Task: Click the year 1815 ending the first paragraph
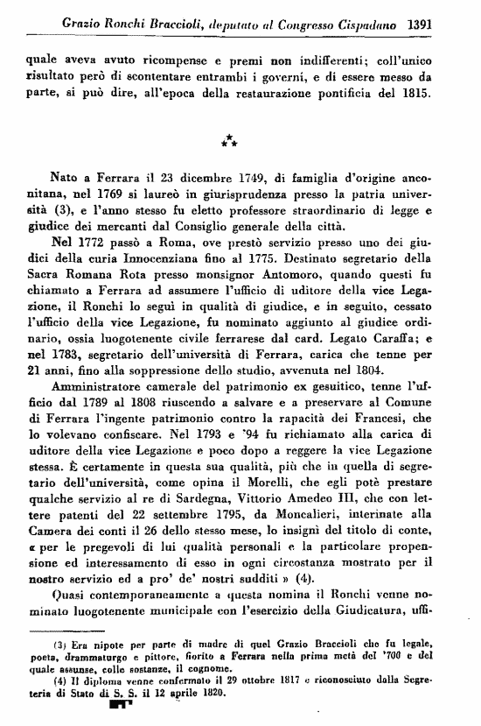[415, 93]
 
